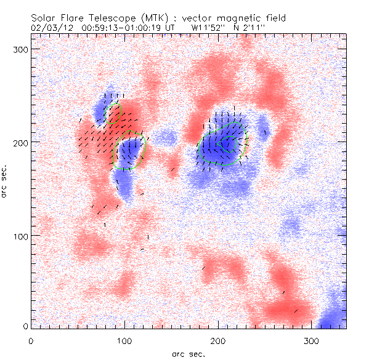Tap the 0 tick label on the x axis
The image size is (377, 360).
point(31,340)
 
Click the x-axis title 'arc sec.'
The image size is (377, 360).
point(187,354)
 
